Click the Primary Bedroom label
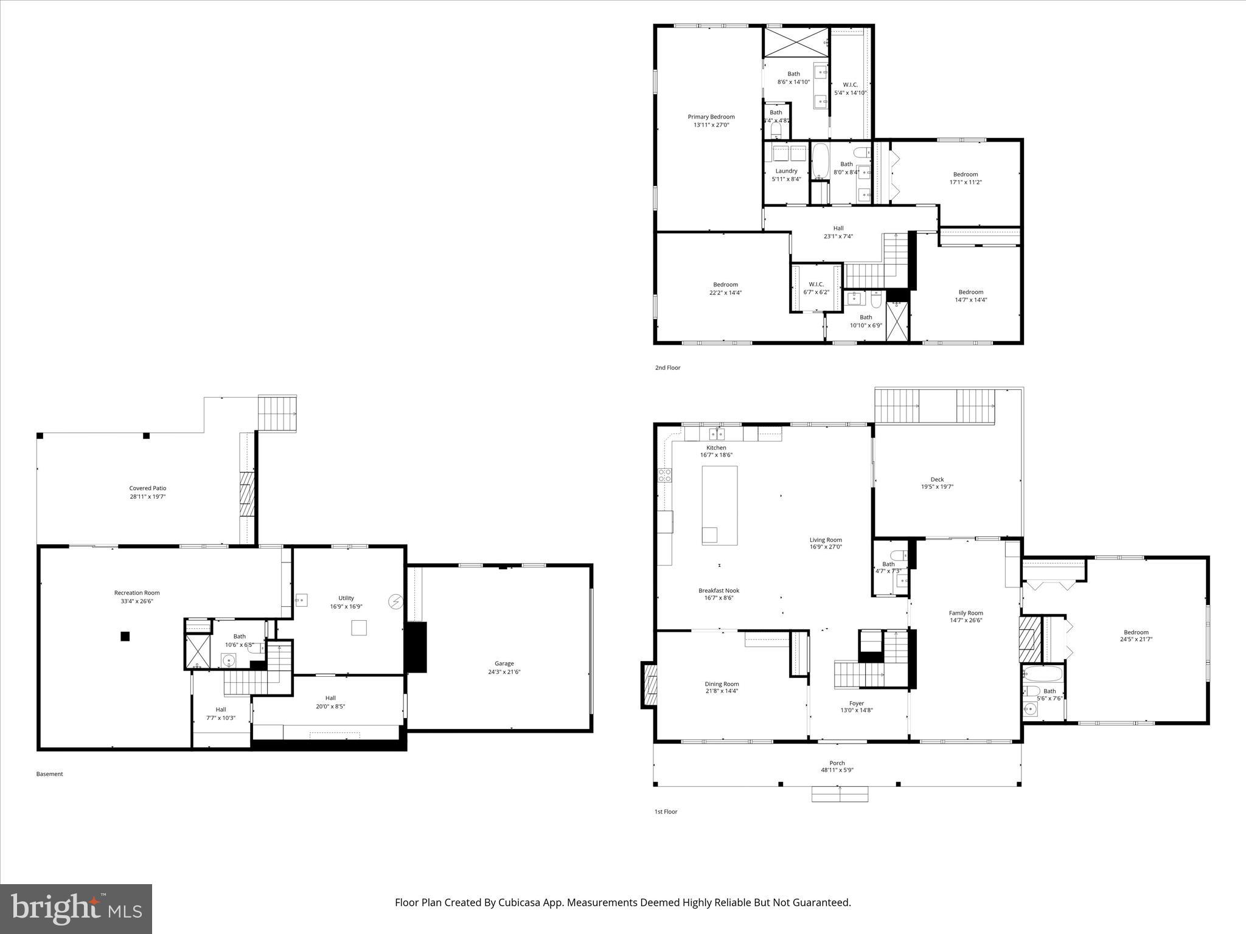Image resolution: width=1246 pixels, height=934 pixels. pyautogui.click(x=711, y=117)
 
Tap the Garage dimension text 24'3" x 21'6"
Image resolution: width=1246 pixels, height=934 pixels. pyautogui.click(x=504, y=672)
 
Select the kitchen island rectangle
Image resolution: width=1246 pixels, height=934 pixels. pyautogui.click(x=720, y=505)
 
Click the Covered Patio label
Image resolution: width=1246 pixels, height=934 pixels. pyautogui.click(x=147, y=488)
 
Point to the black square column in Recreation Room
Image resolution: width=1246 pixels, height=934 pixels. pyautogui.click(x=125, y=636)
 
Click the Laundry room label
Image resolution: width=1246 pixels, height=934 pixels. pyautogui.click(x=786, y=171)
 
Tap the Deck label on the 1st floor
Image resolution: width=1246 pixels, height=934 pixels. pyautogui.click(x=937, y=479)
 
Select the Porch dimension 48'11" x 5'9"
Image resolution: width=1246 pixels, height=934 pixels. pyautogui.click(x=837, y=770)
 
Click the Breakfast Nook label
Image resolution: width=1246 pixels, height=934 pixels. pyautogui.click(x=719, y=590)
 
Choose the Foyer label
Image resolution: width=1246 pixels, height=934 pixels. pyautogui.click(x=856, y=703)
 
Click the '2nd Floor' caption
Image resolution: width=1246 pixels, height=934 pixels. pyautogui.click(x=667, y=368)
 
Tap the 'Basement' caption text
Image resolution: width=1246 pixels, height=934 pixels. pyautogui.click(x=49, y=774)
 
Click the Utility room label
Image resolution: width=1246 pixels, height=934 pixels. pyautogui.click(x=346, y=598)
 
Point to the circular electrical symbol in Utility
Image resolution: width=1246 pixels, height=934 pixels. pyautogui.click(x=395, y=601)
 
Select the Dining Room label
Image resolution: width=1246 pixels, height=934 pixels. pyautogui.click(x=722, y=684)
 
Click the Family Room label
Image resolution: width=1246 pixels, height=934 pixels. pyautogui.click(x=966, y=613)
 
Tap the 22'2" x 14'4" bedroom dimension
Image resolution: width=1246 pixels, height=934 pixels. pyautogui.click(x=725, y=292)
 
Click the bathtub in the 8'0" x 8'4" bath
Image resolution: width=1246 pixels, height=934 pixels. pyautogui.click(x=820, y=161)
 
